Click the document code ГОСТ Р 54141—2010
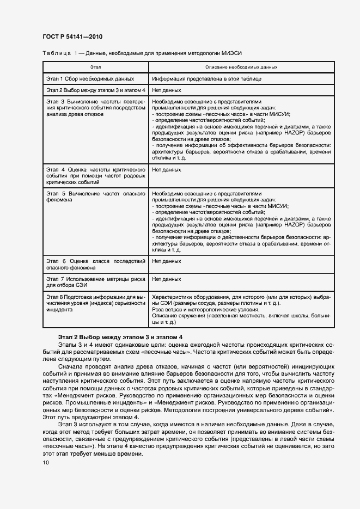point(72,36)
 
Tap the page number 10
point(45,463)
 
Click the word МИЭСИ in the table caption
point(232,53)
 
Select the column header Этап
point(95,67)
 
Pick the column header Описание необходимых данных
point(242,67)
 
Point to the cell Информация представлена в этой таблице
point(206,78)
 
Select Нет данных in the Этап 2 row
point(166,90)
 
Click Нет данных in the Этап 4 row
point(166,170)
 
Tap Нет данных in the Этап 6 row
point(166,261)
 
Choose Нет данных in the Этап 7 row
point(166,279)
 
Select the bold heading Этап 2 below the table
point(120,337)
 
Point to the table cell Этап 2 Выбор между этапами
point(95,90)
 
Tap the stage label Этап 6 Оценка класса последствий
point(95,265)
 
